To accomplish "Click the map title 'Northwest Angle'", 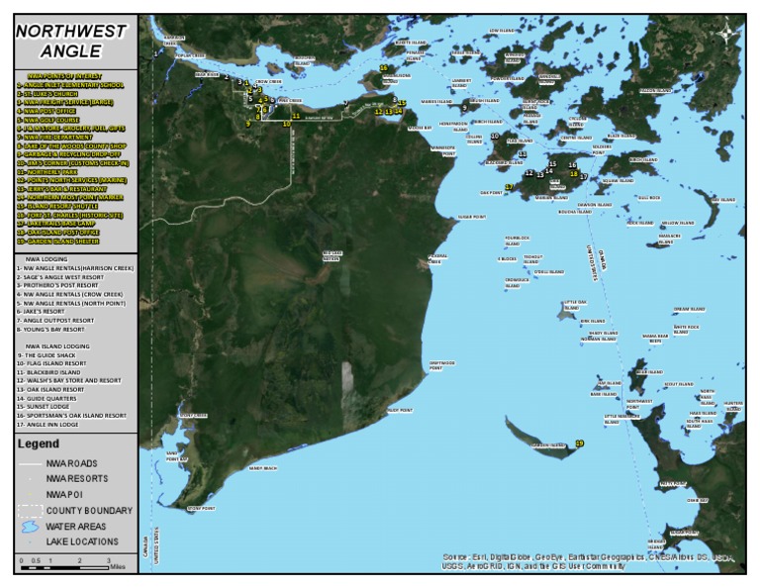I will click(70, 41).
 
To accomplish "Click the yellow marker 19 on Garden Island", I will click(579, 443).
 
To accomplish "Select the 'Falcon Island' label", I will click(655, 90).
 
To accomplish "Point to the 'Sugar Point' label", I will click(471, 217).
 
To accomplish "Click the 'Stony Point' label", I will click(201, 509).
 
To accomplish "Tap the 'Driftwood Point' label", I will click(441, 365).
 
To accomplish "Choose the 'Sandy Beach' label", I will click(263, 467).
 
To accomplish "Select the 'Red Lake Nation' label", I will click(332, 255).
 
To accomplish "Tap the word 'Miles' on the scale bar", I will click(118, 566).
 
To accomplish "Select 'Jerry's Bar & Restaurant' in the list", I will click(62, 188).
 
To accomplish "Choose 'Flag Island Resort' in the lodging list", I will click(55, 363).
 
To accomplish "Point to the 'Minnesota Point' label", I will click(442, 151).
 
